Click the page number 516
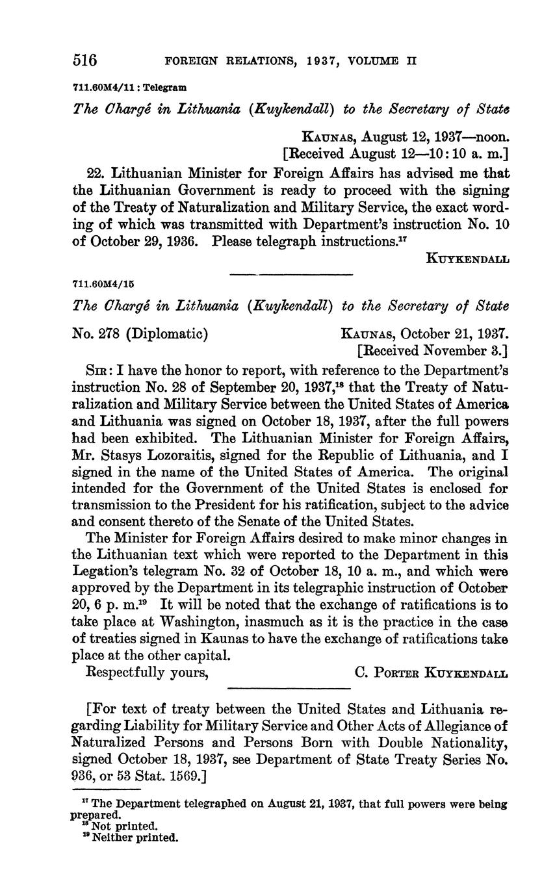coord(84,61)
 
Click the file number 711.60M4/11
coord(104,86)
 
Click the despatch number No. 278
coord(96,334)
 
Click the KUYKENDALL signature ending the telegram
coord(467,259)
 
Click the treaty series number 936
coord(85,776)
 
